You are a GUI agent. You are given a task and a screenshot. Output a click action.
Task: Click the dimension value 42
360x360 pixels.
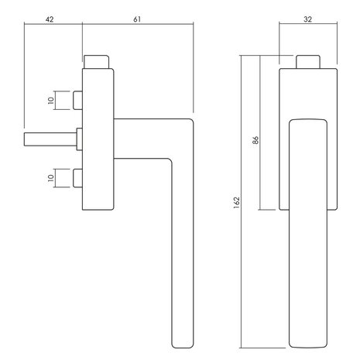(50, 19)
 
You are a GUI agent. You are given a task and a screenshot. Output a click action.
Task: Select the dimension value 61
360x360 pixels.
(137, 19)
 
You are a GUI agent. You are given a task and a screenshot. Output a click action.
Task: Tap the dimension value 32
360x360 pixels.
(307, 19)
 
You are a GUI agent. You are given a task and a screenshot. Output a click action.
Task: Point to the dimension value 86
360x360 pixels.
(255, 140)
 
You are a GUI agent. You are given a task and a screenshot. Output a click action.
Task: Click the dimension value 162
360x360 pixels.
(236, 203)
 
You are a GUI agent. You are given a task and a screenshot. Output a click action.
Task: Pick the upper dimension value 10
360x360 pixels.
(51, 100)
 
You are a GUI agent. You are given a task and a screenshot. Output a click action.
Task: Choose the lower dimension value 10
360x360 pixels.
(51, 178)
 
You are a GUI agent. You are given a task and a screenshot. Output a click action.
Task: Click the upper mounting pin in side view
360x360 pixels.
(77, 100)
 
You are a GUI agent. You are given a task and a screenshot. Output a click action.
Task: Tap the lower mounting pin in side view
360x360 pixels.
(77, 178)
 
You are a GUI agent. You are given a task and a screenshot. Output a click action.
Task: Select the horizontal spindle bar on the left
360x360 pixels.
(50, 139)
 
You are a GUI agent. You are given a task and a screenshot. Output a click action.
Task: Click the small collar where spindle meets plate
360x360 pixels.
(80, 139)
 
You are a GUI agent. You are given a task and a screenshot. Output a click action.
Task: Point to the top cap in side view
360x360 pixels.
(96, 62)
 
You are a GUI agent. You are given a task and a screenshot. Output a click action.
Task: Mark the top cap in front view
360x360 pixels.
(308, 62)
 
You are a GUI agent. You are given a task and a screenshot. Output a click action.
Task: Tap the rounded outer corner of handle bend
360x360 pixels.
(190, 122)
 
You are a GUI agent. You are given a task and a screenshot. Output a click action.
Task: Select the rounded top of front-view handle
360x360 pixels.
(308, 122)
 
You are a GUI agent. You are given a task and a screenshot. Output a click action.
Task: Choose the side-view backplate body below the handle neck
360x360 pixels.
(98, 184)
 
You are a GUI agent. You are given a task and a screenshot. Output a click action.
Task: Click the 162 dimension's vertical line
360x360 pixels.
(241, 202)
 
